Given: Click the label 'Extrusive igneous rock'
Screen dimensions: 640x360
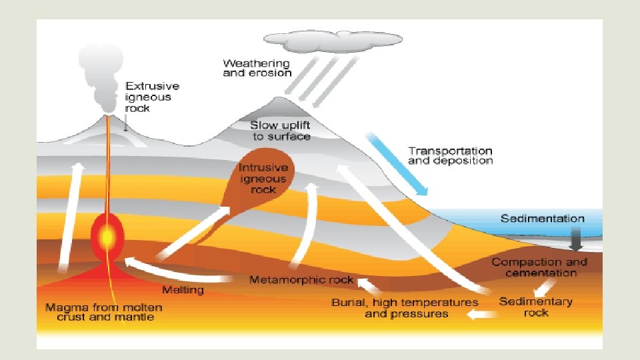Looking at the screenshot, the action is pyautogui.click(x=153, y=97).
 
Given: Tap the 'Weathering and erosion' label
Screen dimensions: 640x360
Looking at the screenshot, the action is pyautogui.click(x=257, y=68).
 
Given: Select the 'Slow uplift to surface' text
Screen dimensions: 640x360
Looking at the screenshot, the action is pyautogui.click(x=280, y=131).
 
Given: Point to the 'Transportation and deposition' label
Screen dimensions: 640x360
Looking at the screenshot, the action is pyautogui.click(x=450, y=156).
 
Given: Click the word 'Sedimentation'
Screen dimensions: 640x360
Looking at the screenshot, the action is pyautogui.click(x=542, y=219).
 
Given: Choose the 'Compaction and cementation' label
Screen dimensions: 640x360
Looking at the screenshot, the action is pyautogui.click(x=540, y=267).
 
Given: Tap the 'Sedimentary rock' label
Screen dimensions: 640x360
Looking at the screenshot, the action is pyautogui.click(x=535, y=307).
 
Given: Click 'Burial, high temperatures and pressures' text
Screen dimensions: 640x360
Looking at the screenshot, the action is pyautogui.click(x=405, y=308).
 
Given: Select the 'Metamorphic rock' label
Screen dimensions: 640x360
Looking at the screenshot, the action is pyautogui.click(x=301, y=280).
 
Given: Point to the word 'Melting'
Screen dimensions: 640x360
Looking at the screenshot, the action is pyautogui.click(x=183, y=291).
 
